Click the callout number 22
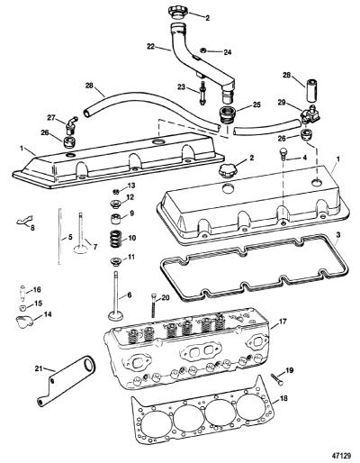pos(152,46)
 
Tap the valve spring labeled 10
pos(115,239)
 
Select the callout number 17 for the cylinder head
pos(282,322)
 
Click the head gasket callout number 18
pos(283,398)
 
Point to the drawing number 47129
pos(340,456)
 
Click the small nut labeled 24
pos(203,50)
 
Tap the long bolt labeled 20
pos(153,304)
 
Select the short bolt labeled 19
pos(276,379)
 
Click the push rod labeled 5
pos(59,236)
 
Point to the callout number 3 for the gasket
pos(337,235)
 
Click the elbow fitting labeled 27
pos(71,125)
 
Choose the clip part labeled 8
pos(24,220)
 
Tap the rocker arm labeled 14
pos(24,322)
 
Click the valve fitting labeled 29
pos(310,115)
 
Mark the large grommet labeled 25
pos(227,115)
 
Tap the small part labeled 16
pos(22,292)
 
